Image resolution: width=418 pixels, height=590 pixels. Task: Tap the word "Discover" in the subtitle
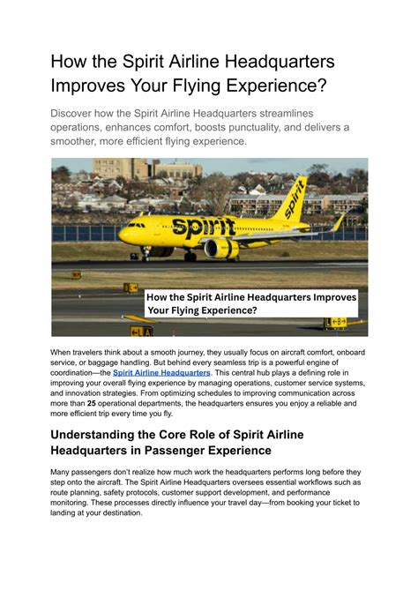coord(77,114)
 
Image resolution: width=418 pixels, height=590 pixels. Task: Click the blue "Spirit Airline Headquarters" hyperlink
coord(161,372)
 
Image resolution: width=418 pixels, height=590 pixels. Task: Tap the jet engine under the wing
coord(220,250)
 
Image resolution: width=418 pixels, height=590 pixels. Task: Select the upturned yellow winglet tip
coord(338,222)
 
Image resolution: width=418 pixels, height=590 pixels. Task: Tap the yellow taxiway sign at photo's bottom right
coord(334,323)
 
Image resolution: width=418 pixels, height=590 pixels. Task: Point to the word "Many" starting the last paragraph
coord(62,473)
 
